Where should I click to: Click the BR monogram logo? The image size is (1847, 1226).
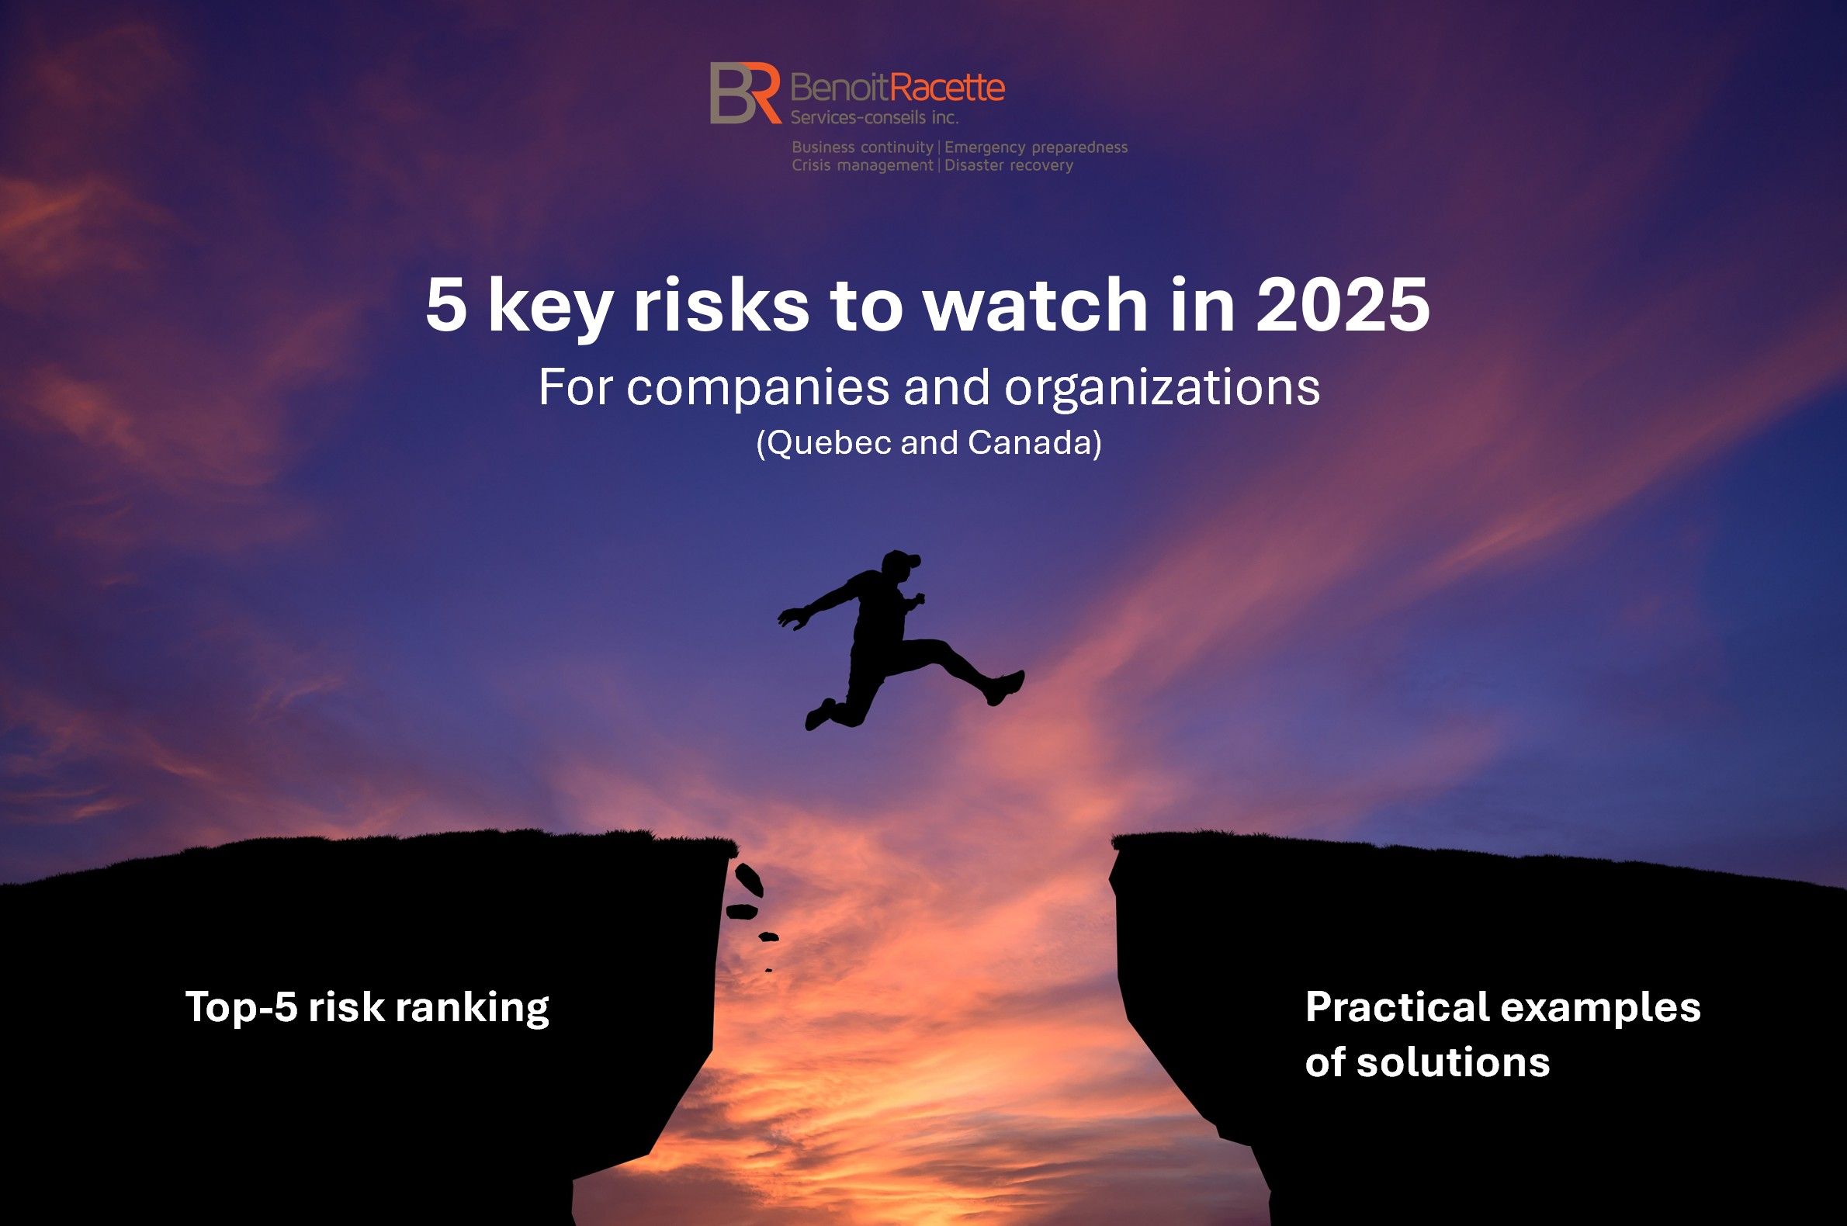coord(745,93)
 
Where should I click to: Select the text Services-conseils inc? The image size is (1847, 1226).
coord(875,117)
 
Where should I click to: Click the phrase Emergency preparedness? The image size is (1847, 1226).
coord(1036,147)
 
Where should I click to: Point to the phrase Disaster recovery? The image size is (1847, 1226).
coord(1009,165)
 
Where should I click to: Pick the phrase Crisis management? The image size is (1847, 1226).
coord(862,166)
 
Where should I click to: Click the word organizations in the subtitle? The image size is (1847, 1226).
coord(1162,388)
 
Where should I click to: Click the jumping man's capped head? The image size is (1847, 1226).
coord(900,565)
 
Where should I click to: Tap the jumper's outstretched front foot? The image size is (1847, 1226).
coord(1007,687)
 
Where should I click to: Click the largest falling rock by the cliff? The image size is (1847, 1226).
coord(749,879)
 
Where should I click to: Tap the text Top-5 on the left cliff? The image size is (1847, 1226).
coord(241,1007)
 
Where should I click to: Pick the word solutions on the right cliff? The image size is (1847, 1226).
coord(1453,1061)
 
